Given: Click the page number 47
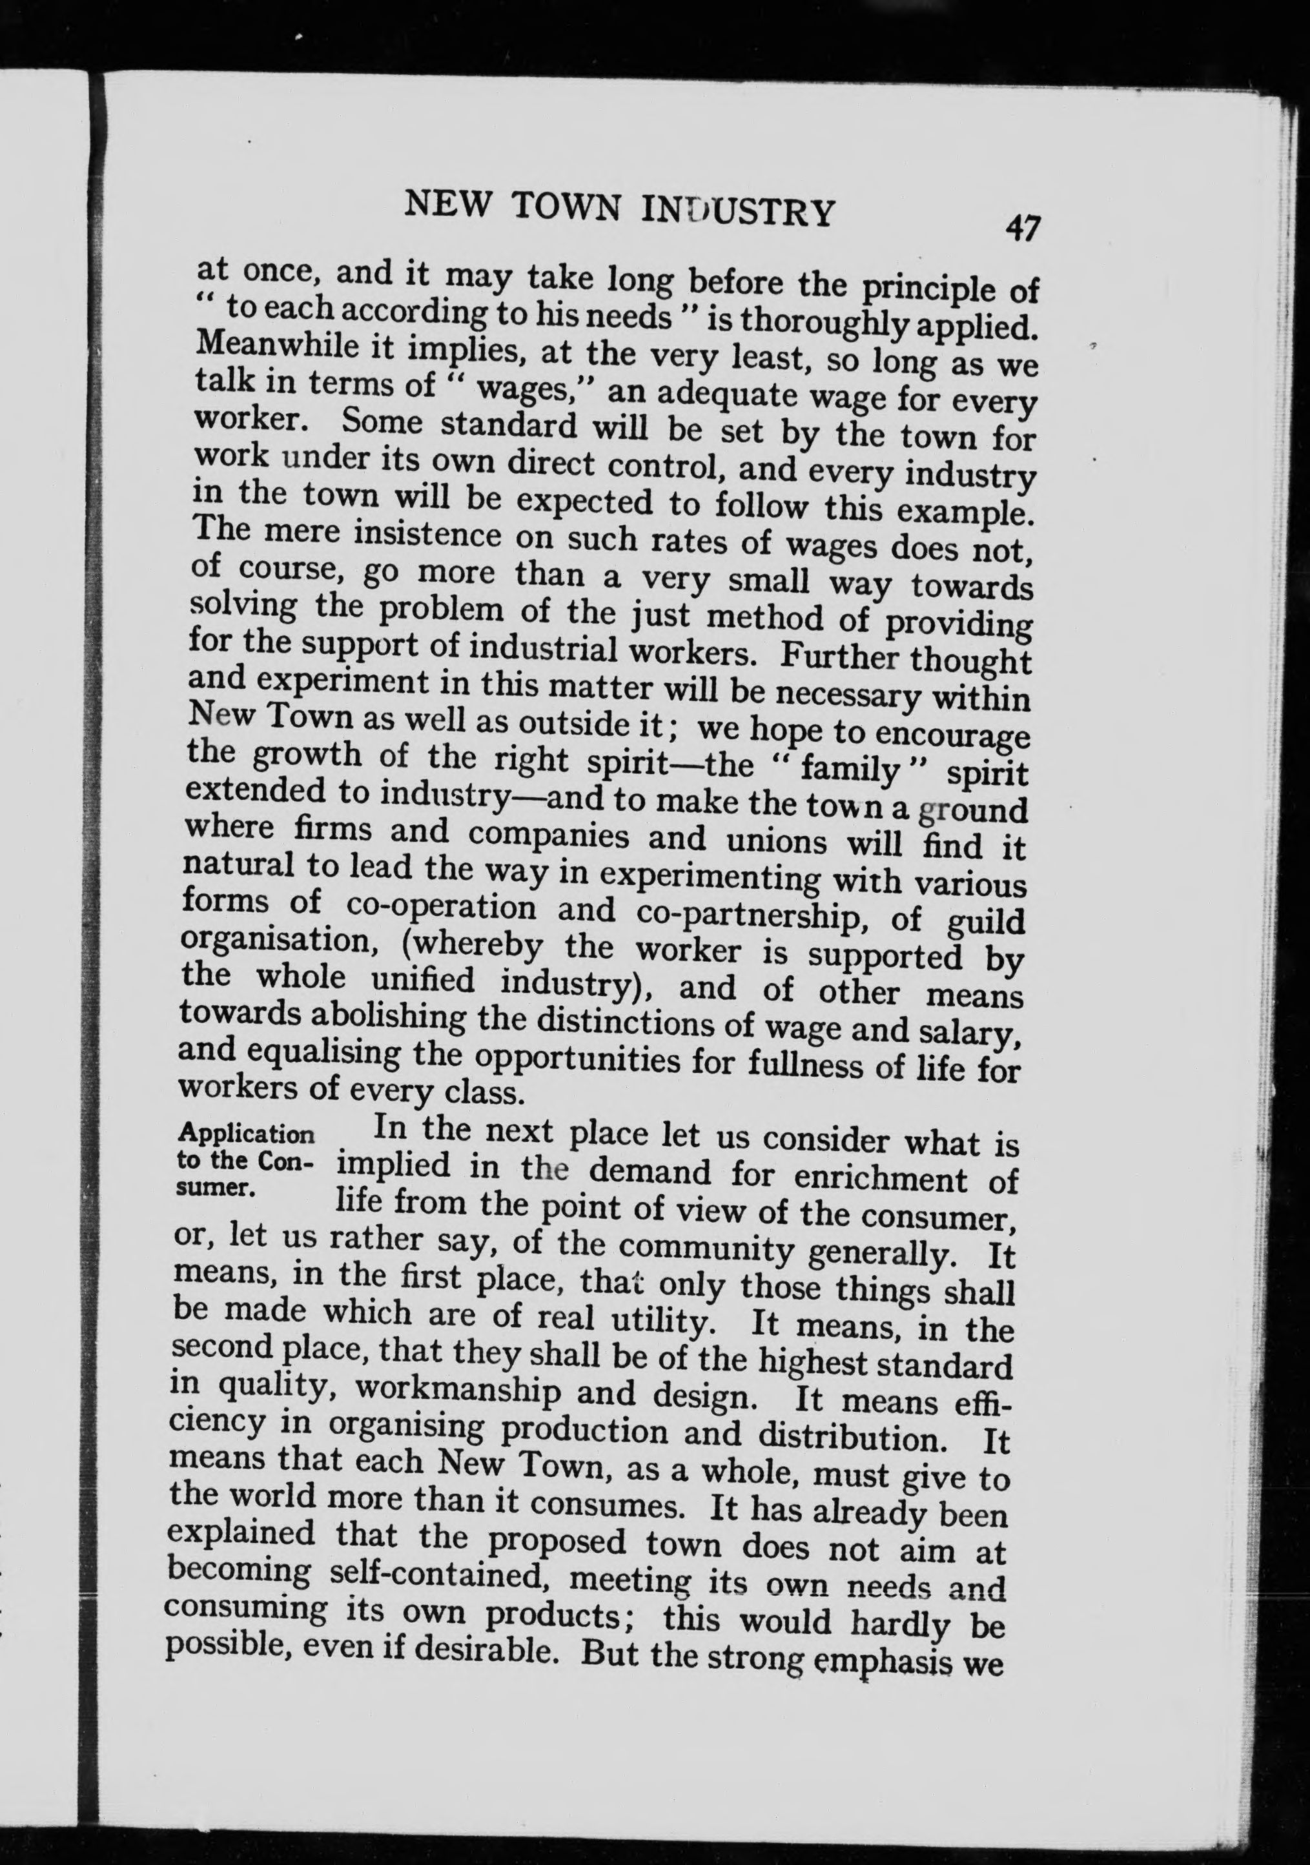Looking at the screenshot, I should click(x=1021, y=229).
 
